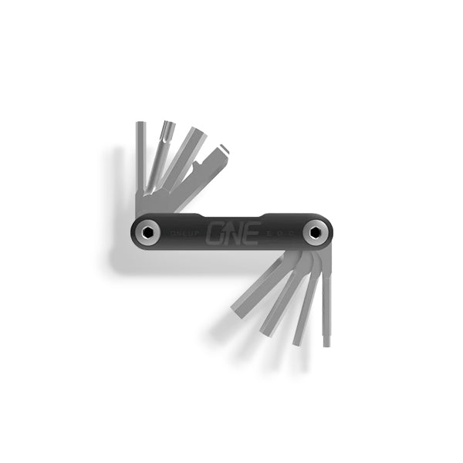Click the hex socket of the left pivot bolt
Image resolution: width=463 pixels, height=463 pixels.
(147, 231)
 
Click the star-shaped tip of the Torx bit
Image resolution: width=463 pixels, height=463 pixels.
(167, 127)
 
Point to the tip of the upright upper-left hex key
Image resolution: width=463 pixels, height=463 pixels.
(141, 126)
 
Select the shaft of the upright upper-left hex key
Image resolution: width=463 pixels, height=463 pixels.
(141, 162)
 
